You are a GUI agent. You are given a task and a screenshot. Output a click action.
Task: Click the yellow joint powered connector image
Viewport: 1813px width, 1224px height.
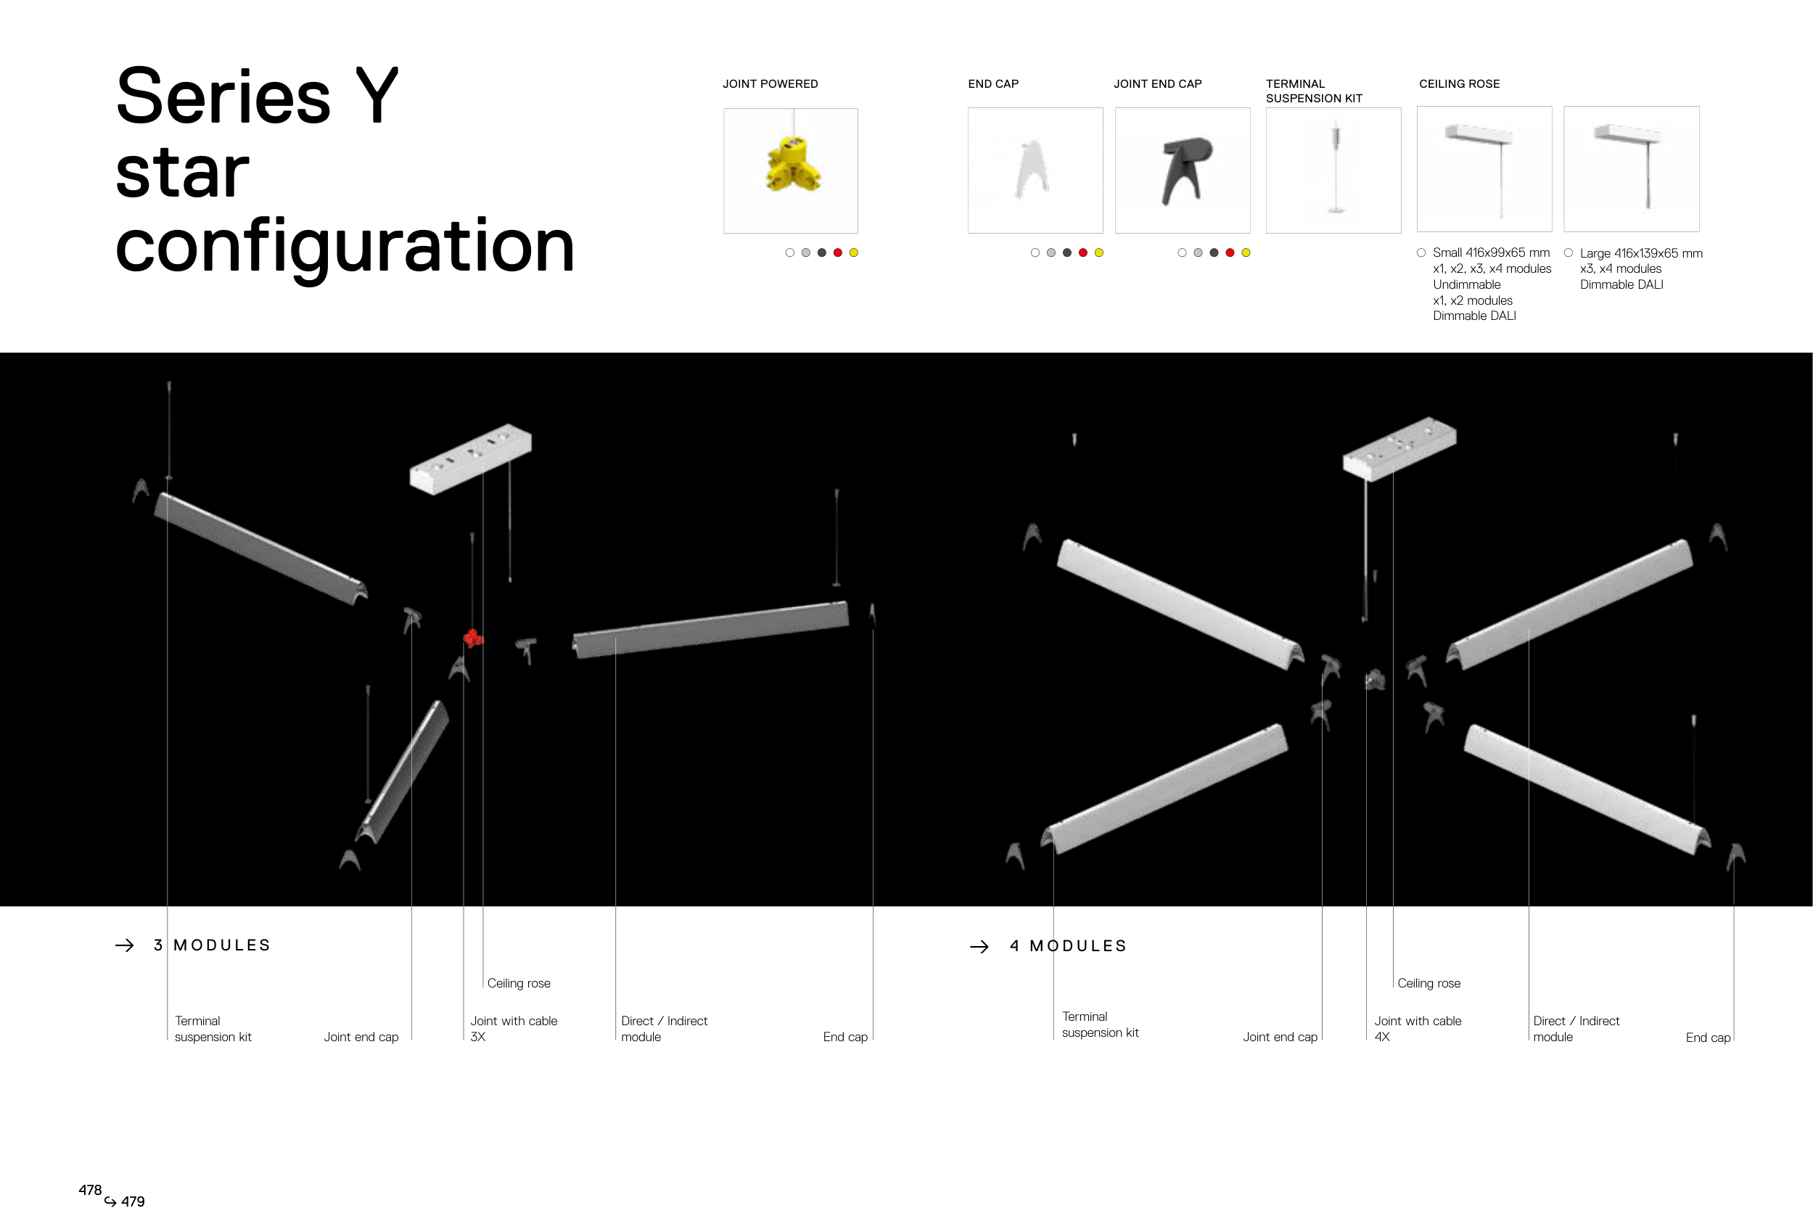click(792, 166)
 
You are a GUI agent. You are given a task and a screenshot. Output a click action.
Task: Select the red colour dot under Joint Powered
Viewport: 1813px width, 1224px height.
click(837, 252)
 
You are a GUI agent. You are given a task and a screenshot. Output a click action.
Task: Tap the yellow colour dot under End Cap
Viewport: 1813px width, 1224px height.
click(1098, 252)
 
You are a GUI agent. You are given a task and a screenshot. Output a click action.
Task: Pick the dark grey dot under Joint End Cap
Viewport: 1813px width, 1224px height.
click(1213, 252)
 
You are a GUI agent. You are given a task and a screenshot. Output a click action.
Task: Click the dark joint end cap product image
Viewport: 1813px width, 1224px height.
click(1183, 170)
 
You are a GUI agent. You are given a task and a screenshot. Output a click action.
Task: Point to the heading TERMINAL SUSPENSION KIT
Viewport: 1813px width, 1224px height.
click(1314, 91)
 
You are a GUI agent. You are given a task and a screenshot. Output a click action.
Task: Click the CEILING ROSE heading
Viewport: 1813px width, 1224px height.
click(1459, 84)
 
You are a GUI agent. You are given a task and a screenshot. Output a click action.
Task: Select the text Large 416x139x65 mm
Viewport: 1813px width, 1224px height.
click(1640, 253)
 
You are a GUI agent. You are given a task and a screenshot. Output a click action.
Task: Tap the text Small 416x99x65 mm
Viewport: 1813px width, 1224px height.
click(1491, 252)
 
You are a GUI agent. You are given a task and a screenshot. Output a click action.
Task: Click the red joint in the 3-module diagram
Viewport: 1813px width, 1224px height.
click(473, 638)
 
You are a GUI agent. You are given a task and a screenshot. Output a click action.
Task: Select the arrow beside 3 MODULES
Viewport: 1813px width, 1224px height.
click(125, 945)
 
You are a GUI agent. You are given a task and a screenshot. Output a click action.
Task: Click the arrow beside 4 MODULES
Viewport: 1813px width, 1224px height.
click(979, 946)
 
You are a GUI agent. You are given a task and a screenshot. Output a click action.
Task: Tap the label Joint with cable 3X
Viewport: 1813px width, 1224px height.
click(514, 1028)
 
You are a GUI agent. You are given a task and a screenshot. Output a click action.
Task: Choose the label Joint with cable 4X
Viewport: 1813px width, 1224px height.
click(1418, 1028)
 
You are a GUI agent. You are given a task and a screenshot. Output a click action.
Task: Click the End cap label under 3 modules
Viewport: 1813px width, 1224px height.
click(845, 1037)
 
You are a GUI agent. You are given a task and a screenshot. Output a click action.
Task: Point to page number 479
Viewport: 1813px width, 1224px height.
click(133, 1202)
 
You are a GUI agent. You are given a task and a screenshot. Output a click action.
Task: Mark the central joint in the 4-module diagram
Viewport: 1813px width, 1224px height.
click(1375, 680)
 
